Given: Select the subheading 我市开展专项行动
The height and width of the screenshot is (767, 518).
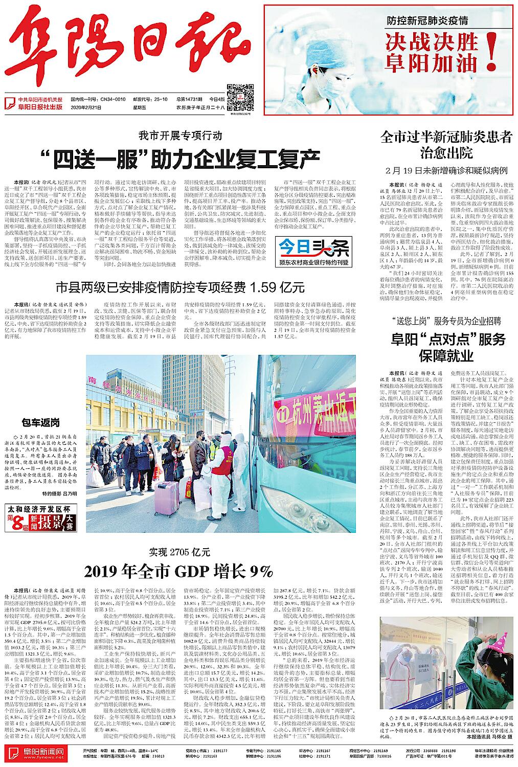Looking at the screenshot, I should coord(179,136).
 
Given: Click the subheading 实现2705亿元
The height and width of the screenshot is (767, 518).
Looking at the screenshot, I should coord(179,552).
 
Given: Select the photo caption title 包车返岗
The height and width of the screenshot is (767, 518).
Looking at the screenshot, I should coord(40,422).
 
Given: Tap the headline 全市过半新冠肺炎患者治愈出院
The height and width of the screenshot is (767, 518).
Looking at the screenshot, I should coord(446,145).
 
